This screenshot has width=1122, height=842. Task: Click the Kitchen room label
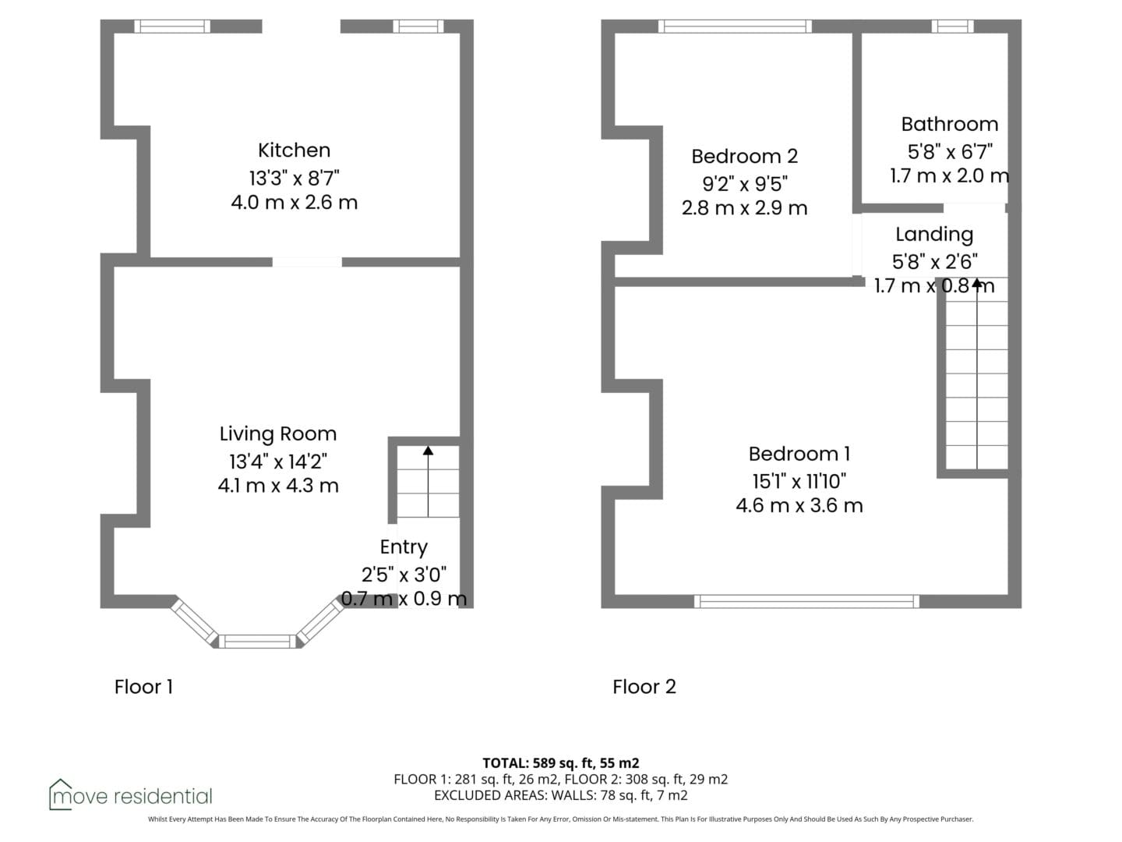tap(294, 150)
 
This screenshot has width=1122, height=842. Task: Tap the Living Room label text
tap(278, 434)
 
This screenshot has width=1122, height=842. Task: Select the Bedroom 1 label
tap(799, 454)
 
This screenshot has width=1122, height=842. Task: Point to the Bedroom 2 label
tap(744, 157)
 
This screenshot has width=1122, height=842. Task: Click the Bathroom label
tap(950, 124)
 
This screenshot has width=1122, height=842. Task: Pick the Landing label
tap(934, 234)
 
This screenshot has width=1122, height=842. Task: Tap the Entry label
tap(404, 547)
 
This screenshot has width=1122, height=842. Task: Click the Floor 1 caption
tap(143, 687)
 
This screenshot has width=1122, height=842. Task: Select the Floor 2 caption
tap(644, 687)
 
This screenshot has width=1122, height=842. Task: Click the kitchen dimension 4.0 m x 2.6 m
tap(294, 203)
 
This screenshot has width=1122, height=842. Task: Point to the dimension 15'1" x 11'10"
tap(799, 481)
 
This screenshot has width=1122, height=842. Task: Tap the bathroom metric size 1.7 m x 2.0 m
tap(950, 176)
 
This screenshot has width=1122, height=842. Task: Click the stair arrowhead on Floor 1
tap(428, 451)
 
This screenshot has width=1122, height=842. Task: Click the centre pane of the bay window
tap(258, 641)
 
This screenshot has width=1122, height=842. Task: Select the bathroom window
tap(952, 26)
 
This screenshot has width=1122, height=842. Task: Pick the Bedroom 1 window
tap(806, 601)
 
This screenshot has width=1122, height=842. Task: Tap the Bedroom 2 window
tap(735, 26)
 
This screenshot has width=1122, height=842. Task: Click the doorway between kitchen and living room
tap(307, 262)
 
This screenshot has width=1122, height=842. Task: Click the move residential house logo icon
tap(60, 794)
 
